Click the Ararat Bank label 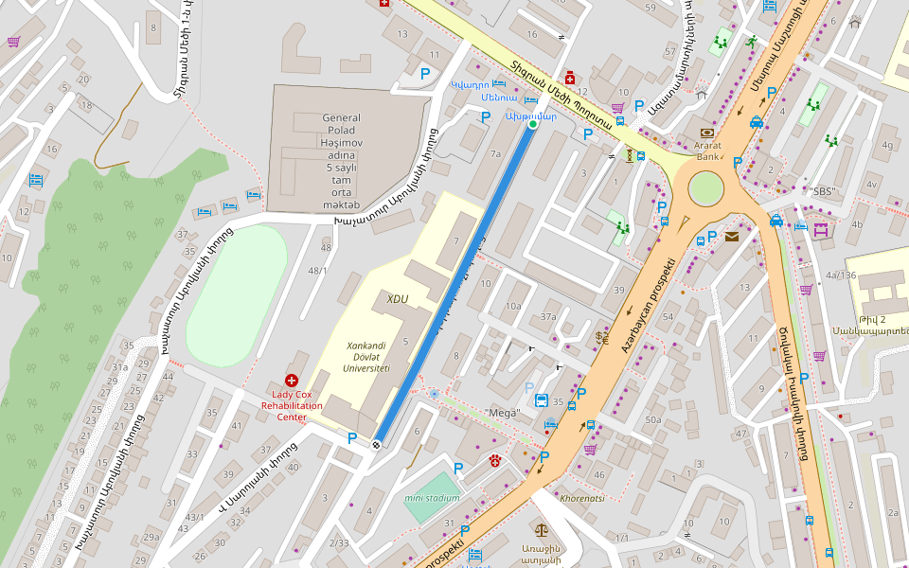click(x=707, y=151)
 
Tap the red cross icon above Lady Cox click(x=292, y=380)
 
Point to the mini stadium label click(x=432, y=498)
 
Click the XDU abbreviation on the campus click(x=398, y=299)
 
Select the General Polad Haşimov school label click(x=342, y=161)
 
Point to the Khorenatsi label click(x=582, y=496)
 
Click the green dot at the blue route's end click(x=532, y=124)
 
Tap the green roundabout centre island click(x=706, y=188)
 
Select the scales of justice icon click(x=542, y=533)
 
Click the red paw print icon click(x=495, y=460)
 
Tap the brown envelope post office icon click(x=732, y=237)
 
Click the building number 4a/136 click(x=840, y=275)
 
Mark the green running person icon click(x=751, y=42)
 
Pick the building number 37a click(x=548, y=316)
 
